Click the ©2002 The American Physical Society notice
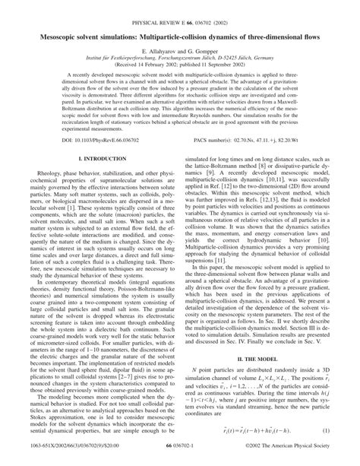click(294, 456)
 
